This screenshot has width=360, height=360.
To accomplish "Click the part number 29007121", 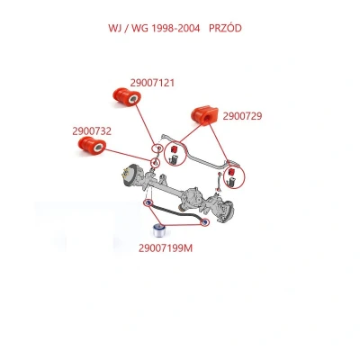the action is coord(152,83).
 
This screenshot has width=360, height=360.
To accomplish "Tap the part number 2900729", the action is coord(242,116).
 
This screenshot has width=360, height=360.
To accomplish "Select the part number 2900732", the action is coord(92,131).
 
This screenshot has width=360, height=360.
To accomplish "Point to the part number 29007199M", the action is coord(166,248).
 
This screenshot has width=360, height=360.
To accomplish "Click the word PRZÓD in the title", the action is coord(225,28).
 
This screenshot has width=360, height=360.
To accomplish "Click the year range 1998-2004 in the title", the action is coord(176,28).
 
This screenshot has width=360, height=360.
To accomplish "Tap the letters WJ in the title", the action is coord(113,28).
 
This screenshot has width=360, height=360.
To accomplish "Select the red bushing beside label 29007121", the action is coord(127,96).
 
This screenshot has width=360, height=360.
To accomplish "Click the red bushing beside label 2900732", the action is coord(92,146).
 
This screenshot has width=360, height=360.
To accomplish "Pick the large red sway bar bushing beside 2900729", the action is coord(205,115).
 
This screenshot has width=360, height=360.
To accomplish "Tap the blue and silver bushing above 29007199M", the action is coord(160,230).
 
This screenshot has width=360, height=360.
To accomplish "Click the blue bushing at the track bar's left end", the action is coord(148,202).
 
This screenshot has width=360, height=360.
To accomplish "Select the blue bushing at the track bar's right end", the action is coord(205,222).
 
